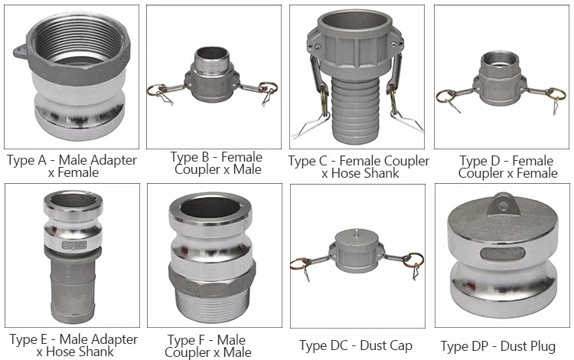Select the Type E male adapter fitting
click(73, 257)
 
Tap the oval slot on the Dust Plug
click(504, 254)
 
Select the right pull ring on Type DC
click(413, 260)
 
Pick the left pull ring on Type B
click(158, 90)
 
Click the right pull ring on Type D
click(555, 93)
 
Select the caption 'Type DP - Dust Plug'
click(498, 346)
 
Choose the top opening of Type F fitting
click(210, 208)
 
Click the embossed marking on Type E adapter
click(74, 245)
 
